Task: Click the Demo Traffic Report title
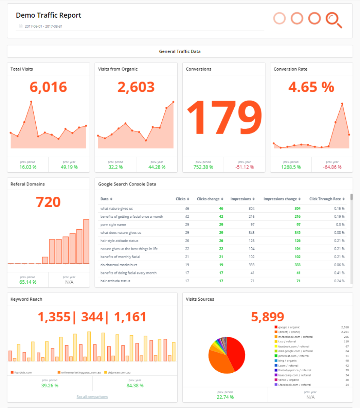[48, 15]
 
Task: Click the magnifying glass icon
[333, 20]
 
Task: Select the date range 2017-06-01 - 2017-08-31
[43, 27]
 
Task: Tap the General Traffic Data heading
[180, 51]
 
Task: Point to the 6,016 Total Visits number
[48, 87]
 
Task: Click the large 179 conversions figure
[223, 117]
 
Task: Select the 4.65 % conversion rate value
[311, 87]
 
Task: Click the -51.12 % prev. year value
[244, 167]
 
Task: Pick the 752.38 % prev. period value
[203, 167]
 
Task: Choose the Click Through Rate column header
[325, 199]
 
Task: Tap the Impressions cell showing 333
[250, 265]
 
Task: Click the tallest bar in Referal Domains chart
[86, 241]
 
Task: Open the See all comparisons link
[92, 397]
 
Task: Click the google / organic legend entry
[289, 327]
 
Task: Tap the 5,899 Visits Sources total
[267, 317]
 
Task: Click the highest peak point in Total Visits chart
[31, 102]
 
